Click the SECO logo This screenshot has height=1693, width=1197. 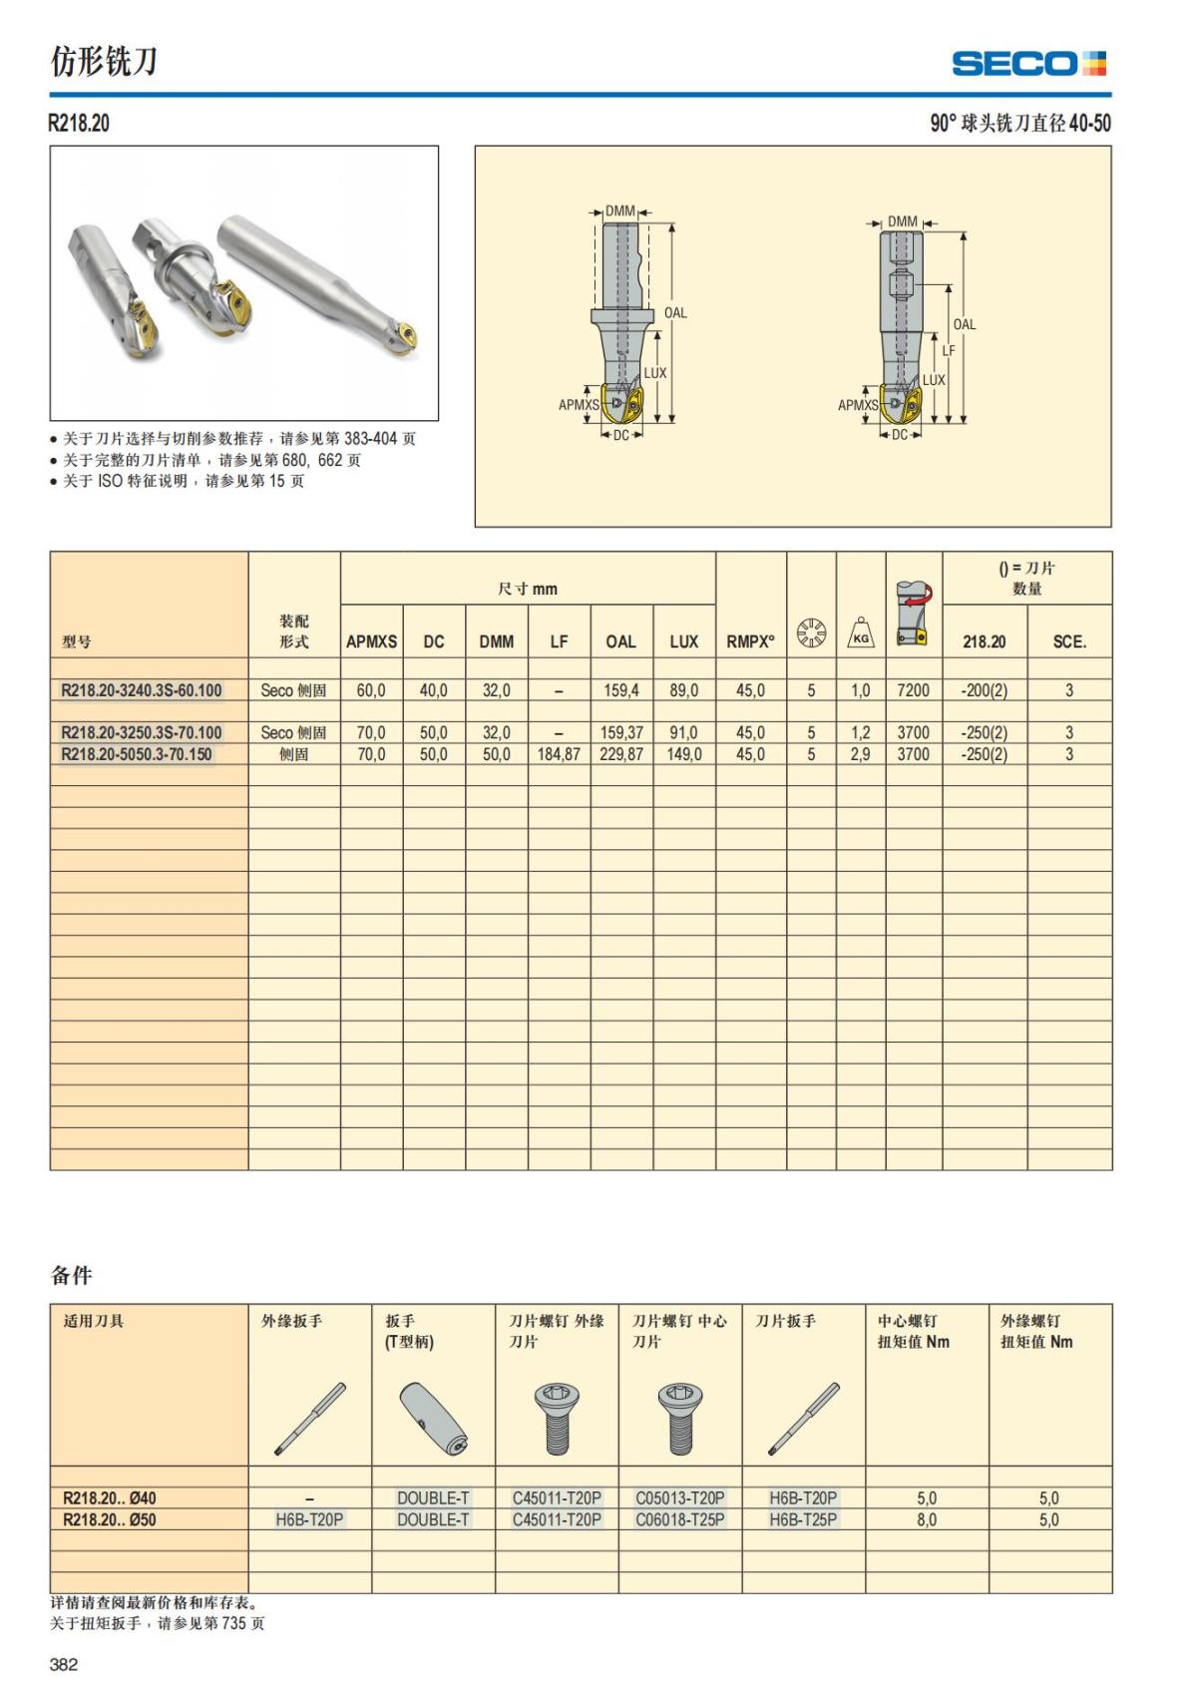tap(1028, 64)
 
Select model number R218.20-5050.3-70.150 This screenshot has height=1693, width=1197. tap(136, 754)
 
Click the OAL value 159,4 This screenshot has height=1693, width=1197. tap(621, 690)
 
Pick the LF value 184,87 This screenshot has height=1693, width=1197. tap(559, 754)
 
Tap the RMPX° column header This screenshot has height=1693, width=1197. tap(750, 641)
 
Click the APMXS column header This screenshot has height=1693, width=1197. tap(371, 641)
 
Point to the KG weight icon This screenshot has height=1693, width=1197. tap(861, 632)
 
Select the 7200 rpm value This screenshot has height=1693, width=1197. tap(913, 690)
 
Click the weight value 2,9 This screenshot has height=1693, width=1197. tap(860, 754)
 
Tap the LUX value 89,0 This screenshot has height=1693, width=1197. tap(684, 690)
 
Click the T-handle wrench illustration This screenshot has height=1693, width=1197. tap(433, 1419)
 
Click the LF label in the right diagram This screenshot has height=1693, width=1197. tap(949, 351)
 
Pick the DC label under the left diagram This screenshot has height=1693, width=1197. tap(621, 435)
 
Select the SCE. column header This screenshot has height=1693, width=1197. tap(1069, 641)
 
